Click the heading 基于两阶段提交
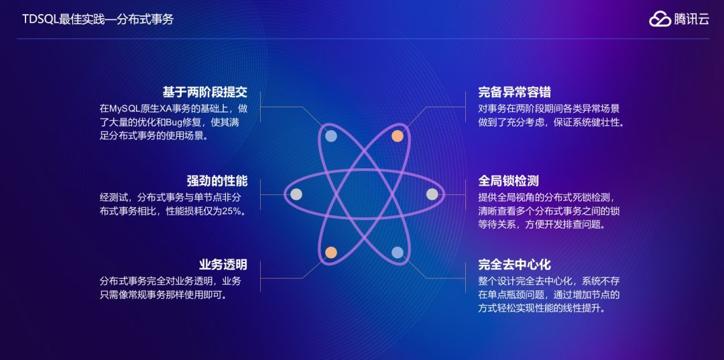(x=204, y=92)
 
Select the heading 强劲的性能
(x=217, y=180)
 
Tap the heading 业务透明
(x=223, y=264)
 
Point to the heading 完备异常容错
(x=514, y=92)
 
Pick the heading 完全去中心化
(x=514, y=264)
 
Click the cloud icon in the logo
(x=660, y=19)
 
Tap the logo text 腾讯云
(x=691, y=19)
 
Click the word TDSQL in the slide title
(x=40, y=19)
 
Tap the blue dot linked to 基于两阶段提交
(x=330, y=135)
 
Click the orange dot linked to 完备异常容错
(x=397, y=135)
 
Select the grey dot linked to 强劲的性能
(x=296, y=194)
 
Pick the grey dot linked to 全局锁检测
(x=432, y=194)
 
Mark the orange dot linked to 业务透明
(x=330, y=253)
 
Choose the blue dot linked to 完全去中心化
(x=397, y=253)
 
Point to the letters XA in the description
(x=170, y=109)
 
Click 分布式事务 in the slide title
(x=146, y=19)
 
